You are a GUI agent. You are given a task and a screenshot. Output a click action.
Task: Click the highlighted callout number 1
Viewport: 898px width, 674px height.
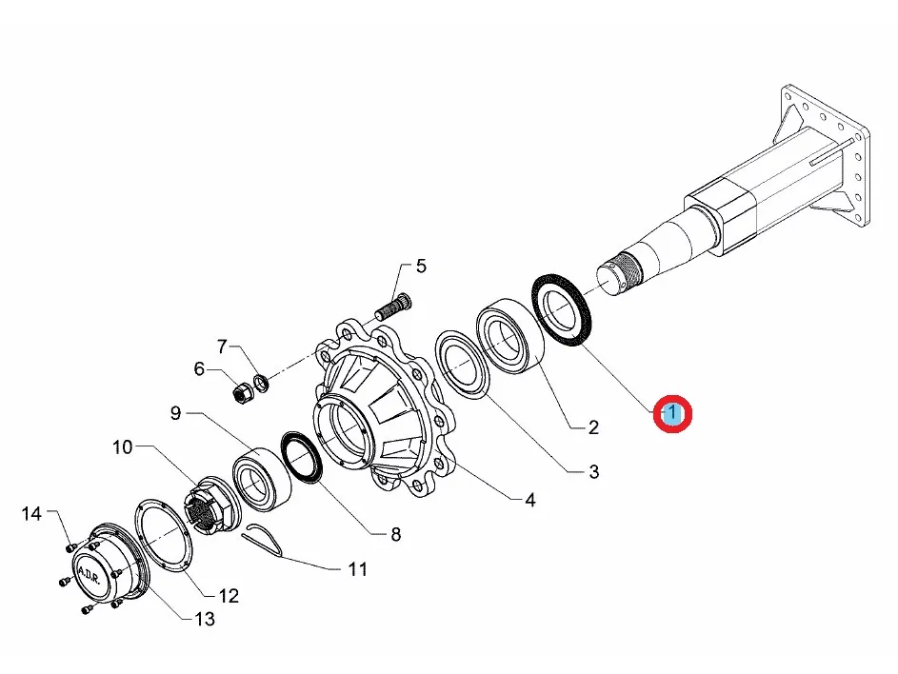coord(673,414)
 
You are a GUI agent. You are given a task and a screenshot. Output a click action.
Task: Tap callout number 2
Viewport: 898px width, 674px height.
coord(592,427)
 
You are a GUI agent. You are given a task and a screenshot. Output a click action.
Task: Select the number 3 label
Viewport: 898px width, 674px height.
coord(592,471)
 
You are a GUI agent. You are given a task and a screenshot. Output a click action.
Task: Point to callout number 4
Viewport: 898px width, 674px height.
coord(529,499)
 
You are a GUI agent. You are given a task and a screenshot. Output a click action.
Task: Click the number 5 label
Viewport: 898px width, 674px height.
coord(421,266)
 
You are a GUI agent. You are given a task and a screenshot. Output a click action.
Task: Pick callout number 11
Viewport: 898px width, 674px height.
coord(357,570)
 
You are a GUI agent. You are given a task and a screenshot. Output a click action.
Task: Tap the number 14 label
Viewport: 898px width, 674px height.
coord(32,514)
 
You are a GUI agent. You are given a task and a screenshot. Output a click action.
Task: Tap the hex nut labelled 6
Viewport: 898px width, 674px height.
coord(243,390)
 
